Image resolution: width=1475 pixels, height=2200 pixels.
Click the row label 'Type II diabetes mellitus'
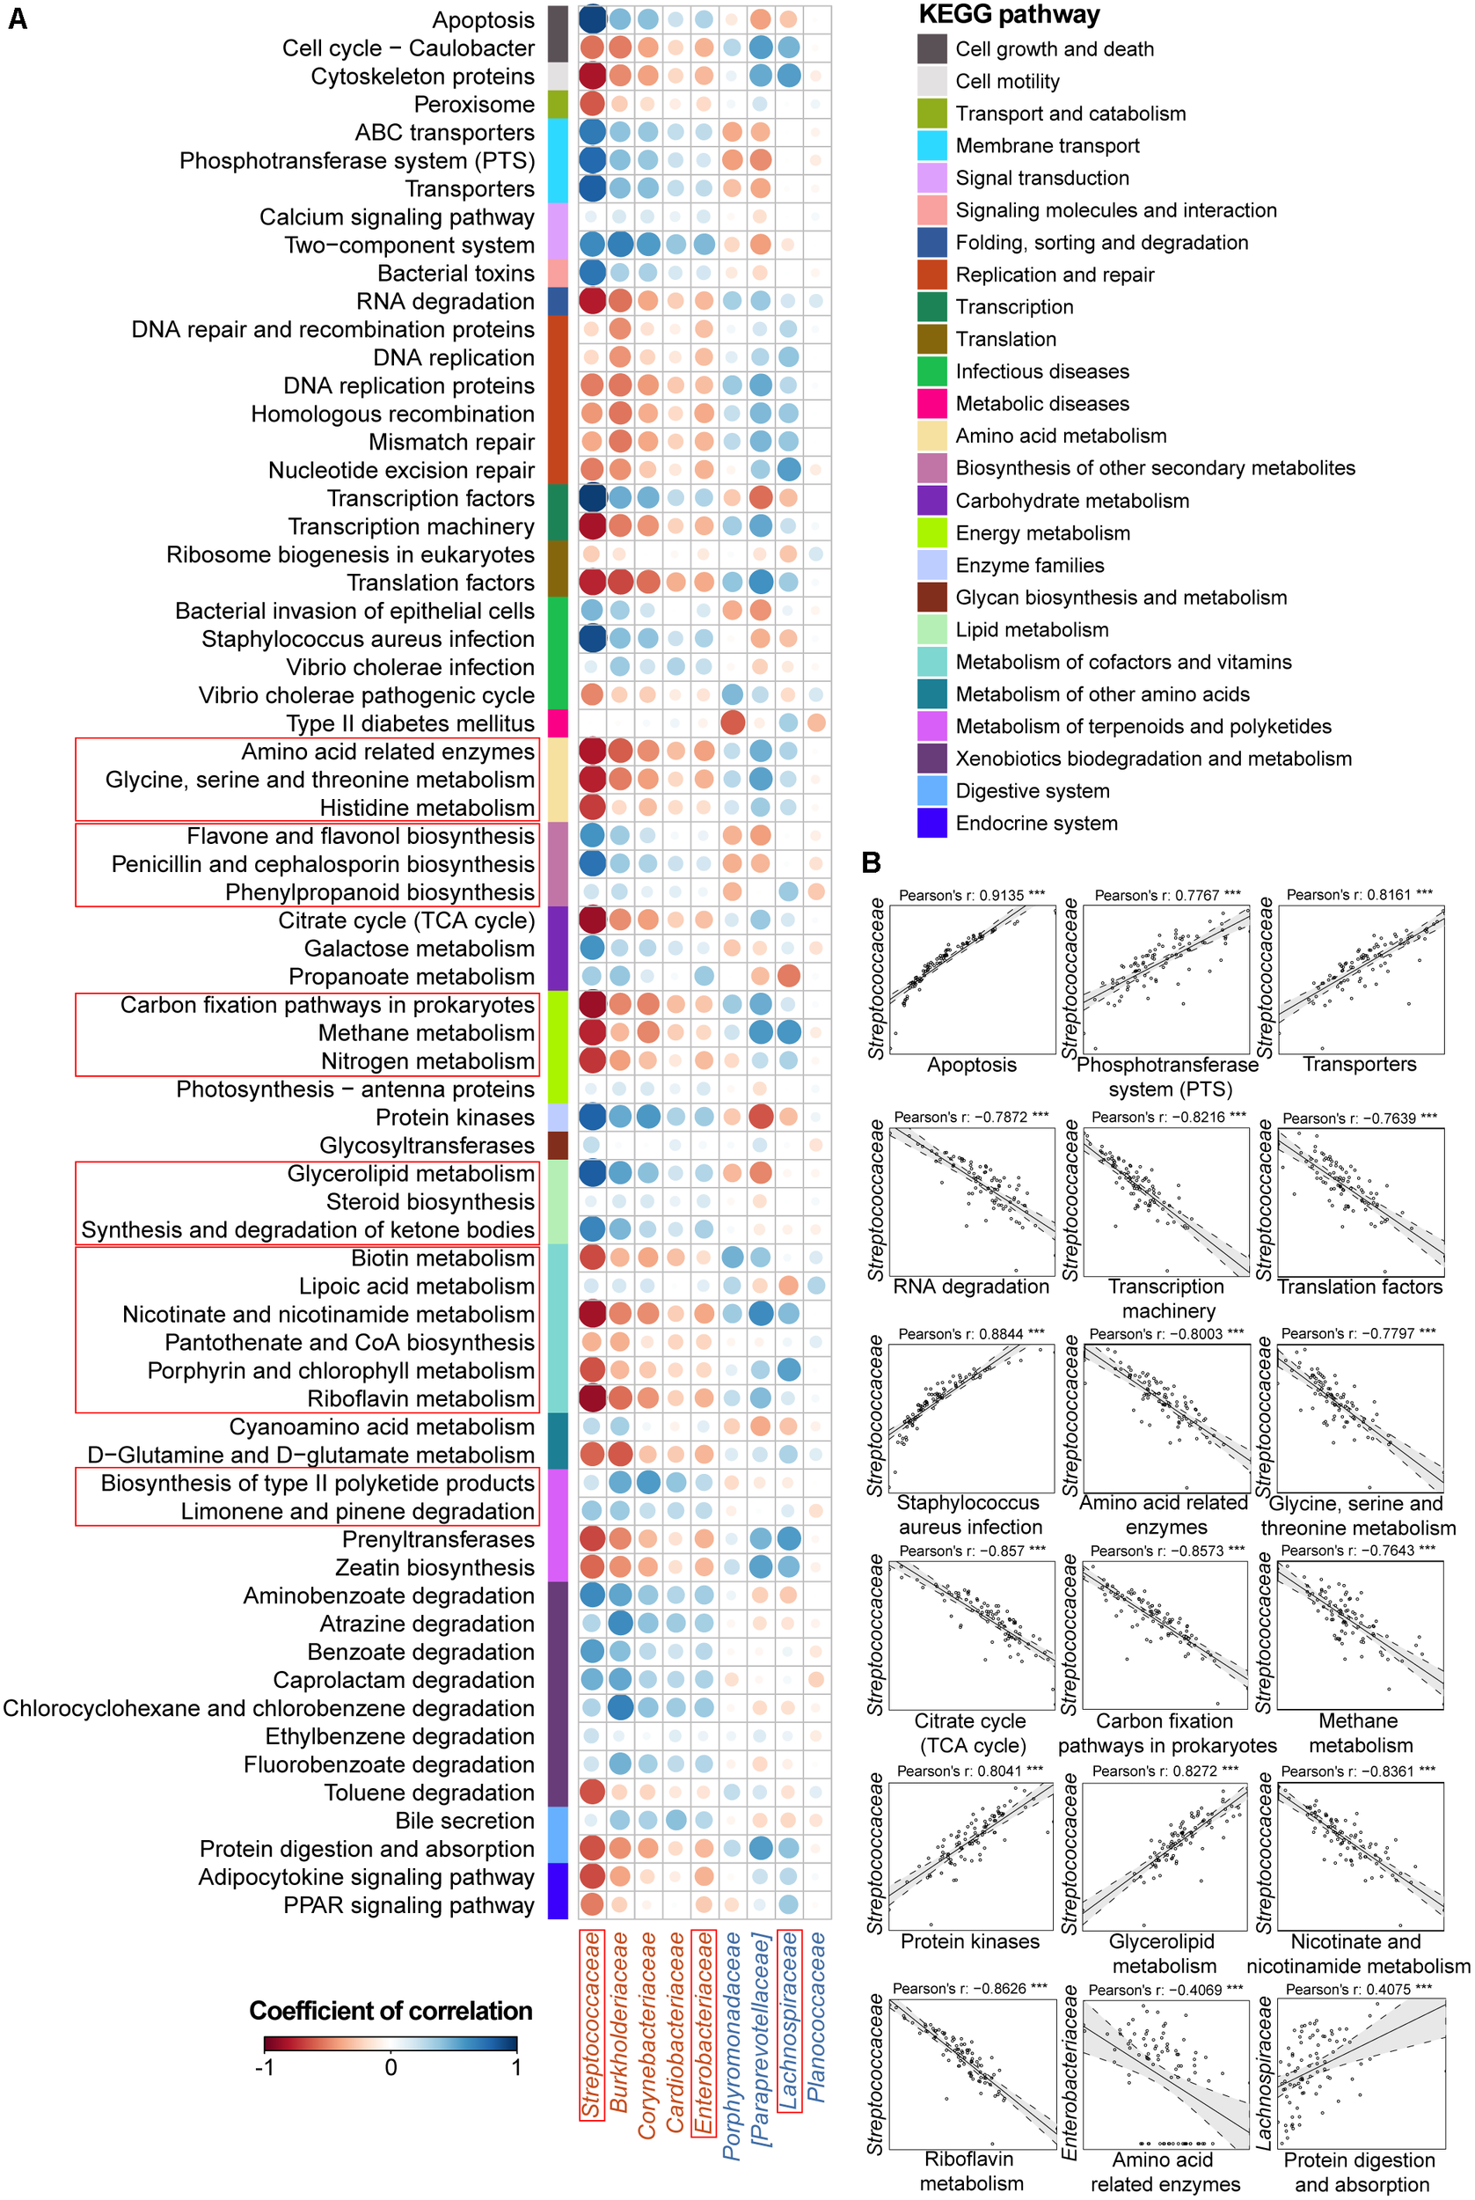pyautogui.click(x=410, y=723)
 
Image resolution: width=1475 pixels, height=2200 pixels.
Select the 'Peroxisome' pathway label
pyautogui.click(x=474, y=105)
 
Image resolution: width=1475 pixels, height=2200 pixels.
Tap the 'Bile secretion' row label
pyautogui.click(x=464, y=1821)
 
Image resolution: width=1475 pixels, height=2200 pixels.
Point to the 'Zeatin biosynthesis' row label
pyautogui.click(x=434, y=1567)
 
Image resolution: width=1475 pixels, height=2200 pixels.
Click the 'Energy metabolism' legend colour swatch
pyautogui.click(x=931, y=532)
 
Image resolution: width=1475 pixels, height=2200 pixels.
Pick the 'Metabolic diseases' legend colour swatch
pyautogui.click(x=931, y=404)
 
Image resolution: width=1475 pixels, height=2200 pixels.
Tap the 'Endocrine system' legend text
pyautogui.click(x=1037, y=824)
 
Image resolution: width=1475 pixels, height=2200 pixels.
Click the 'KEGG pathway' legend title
pyautogui.click(x=1009, y=15)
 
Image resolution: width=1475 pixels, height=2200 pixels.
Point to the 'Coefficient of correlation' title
pyautogui.click(x=391, y=2011)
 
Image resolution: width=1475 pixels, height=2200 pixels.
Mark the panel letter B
pyautogui.click(x=871, y=862)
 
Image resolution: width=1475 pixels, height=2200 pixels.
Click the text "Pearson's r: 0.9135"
pyautogui.click(x=961, y=895)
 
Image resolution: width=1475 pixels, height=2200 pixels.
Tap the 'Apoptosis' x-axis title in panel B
pyautogui.click(x=972, y=1064)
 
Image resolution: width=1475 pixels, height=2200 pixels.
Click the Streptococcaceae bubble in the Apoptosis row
pyautogui.click(x=592, y=19)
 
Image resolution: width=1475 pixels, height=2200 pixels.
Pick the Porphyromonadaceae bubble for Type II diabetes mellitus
pyautogui.click(x=732, y=722)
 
